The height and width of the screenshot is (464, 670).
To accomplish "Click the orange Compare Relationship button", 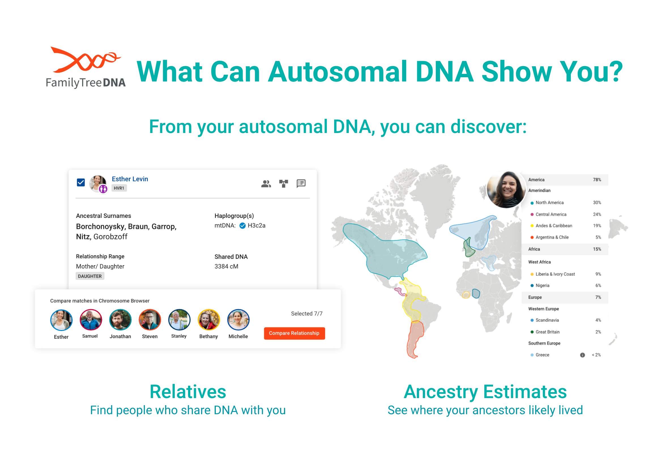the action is coord(294,333).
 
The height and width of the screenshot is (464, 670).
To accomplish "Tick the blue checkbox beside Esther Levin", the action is coord(81,182).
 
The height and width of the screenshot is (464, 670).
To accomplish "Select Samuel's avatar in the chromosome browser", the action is coord(91,320).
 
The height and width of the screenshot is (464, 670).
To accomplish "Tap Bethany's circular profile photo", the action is coord(209,320).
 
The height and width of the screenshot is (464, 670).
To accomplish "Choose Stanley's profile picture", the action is coord(179,320).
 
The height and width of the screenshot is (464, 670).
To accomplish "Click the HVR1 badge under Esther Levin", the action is coord(119,188).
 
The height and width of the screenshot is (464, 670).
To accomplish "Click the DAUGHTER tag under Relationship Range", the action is coord(90,276).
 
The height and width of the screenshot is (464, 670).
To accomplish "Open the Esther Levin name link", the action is coord(130,179).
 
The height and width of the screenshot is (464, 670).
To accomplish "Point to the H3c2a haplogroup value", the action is coord(256,225).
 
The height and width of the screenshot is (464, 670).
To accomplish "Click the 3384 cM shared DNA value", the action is coord(226,266).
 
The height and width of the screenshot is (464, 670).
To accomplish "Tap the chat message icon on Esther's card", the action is coord(301,183).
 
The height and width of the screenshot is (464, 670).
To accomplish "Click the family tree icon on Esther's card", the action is coord(283,183).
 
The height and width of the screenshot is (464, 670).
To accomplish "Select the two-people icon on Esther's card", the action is coord(266,183).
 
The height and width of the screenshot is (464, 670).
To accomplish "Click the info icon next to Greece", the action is coord(582,355).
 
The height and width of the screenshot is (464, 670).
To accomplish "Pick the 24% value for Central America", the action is coord(597,214).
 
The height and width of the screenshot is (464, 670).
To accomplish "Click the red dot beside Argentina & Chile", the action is coord(532,237).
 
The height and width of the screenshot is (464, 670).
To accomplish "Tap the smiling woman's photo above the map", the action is coord(506,189).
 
